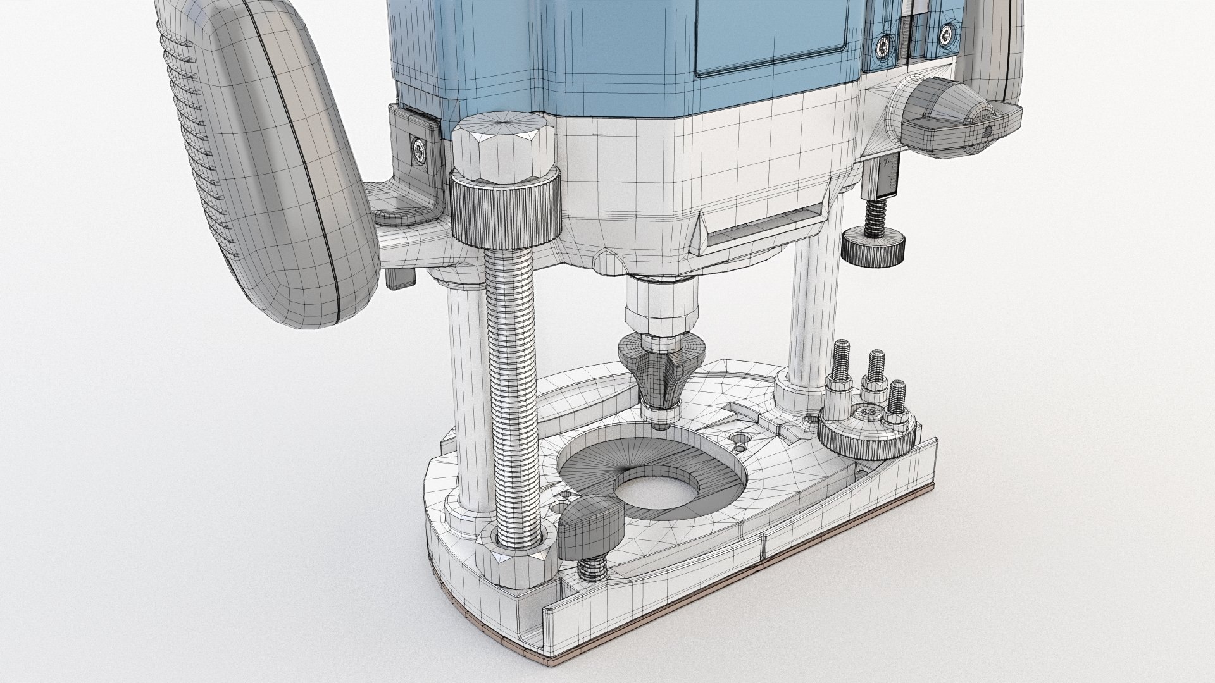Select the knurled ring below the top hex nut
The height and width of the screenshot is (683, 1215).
pos(506,212)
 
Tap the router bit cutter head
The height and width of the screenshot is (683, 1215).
pos(661,373)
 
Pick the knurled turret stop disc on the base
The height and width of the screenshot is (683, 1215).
pos(867,430)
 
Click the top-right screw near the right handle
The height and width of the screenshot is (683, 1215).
pos(945,33)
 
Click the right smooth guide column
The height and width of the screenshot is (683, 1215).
pos(807,316)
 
